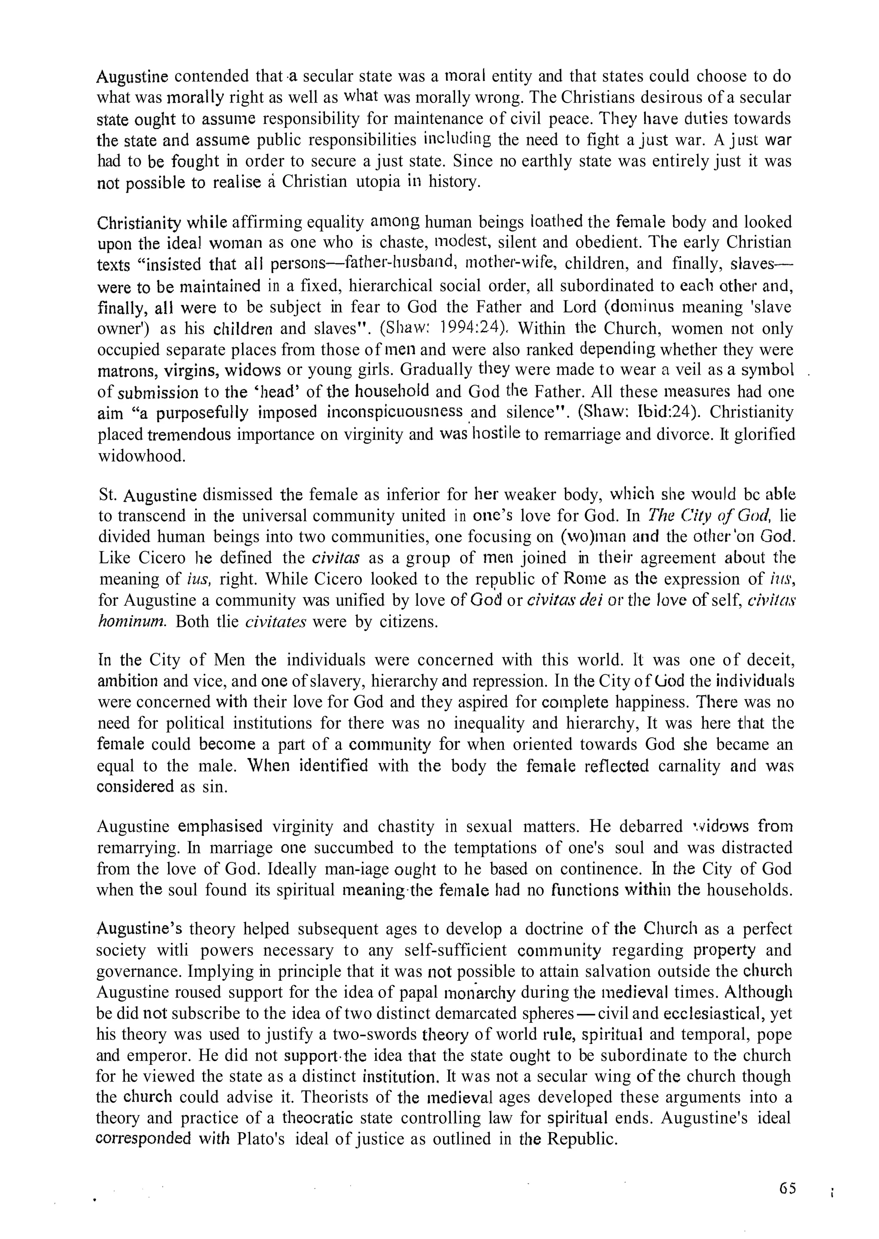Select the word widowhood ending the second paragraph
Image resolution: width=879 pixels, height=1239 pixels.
(141, 456)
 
